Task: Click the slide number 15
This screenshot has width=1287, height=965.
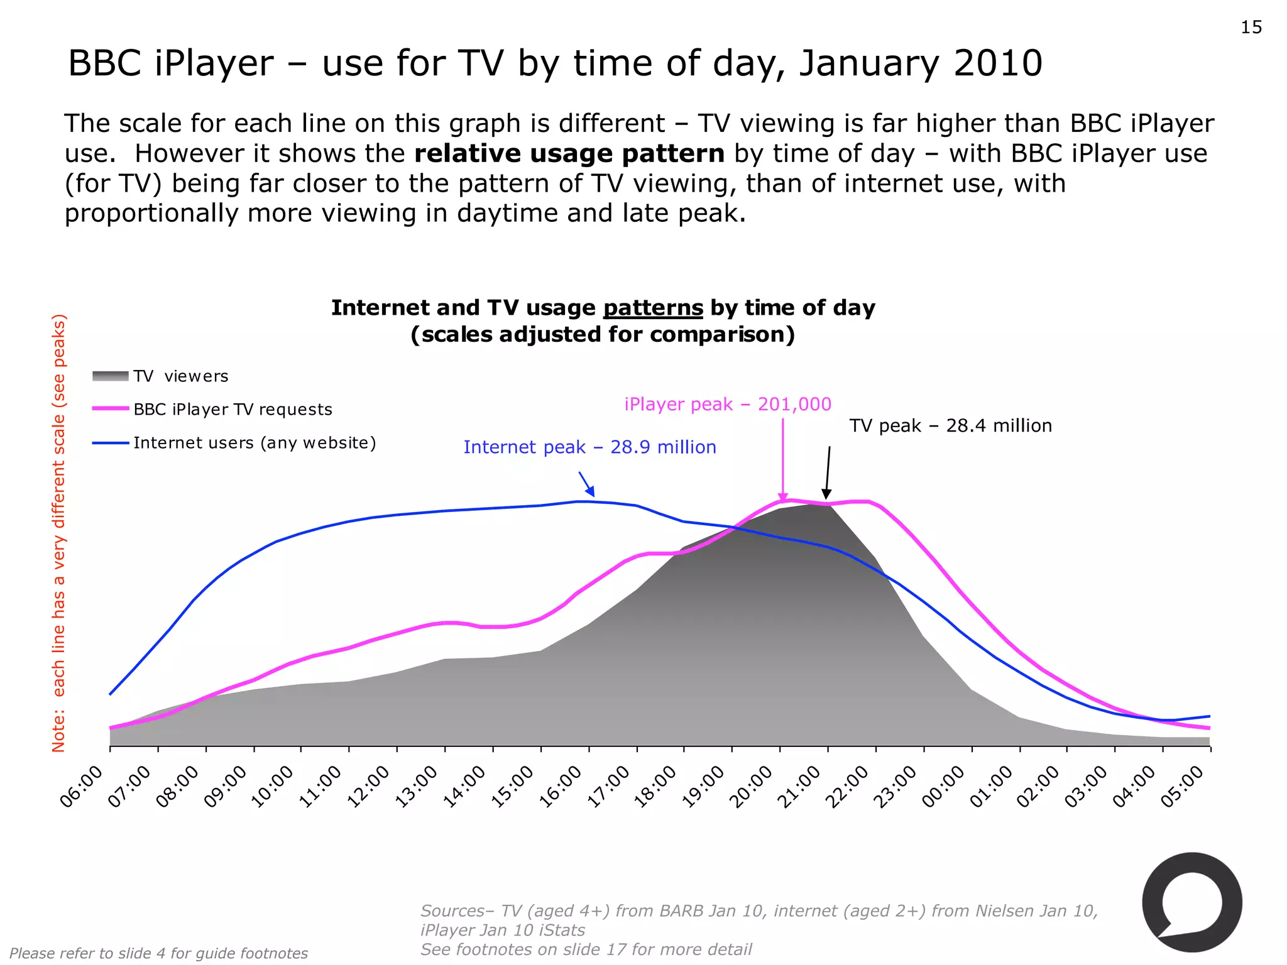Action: pos(1251,28)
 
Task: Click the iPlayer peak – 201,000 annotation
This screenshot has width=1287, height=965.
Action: pos(728,404)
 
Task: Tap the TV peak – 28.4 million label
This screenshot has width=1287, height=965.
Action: pos(950,426)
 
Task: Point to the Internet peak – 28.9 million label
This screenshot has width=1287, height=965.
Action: pos(589,447)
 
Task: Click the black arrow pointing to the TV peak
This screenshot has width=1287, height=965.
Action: pos(828,472)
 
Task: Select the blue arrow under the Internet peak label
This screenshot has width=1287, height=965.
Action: pos(586,484)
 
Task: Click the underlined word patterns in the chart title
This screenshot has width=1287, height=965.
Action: pos(653,308)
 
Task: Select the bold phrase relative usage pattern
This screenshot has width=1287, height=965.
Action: pos(569,154)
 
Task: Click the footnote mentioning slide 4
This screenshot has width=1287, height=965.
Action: pos(159,953)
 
